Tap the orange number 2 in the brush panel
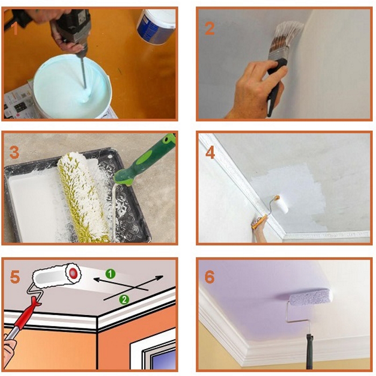pos(209,28)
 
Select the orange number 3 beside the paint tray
pos(15,152)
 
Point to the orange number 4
pos(210,152)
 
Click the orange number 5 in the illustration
pos(15,278)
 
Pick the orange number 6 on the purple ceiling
pos(209,277)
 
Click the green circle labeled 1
pos(111,274)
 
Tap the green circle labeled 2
pos(124,299)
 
